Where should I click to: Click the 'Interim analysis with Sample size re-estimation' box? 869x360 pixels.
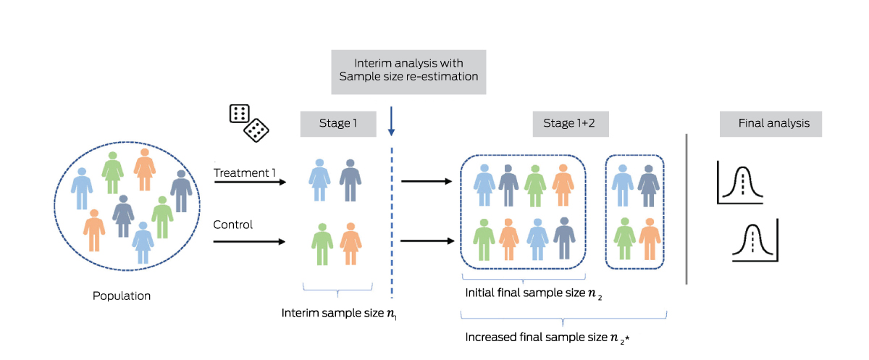click(408, 71)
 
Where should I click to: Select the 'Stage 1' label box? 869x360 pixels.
click(337, 124)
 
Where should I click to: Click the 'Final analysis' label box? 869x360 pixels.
click(769, 124)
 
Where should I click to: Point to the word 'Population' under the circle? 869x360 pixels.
click(122, 296)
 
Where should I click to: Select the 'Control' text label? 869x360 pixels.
click(232, 225)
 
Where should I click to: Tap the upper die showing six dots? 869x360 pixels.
click(239, 114)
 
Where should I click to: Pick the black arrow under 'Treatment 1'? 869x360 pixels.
click(251, 182)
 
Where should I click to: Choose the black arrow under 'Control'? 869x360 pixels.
click(251, 241)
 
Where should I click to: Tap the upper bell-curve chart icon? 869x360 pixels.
click(740, 183)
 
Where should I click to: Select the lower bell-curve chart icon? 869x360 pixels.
click(755, 240)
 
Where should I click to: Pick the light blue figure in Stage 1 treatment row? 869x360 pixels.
click(319, 181)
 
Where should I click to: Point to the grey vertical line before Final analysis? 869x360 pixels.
click(686, 209)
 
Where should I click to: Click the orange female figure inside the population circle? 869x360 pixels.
click(144, 169)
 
